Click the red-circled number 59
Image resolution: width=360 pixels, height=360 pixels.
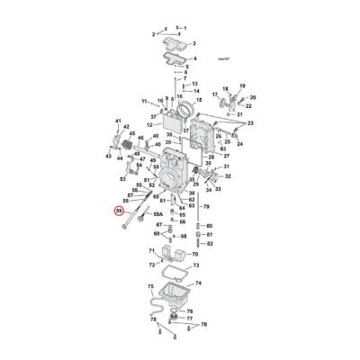tap(120, 211)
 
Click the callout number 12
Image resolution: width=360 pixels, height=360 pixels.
tap(150, 124)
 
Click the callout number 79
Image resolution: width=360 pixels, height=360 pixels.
tap(207, 207)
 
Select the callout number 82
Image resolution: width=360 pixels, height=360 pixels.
tap(210, 243)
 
